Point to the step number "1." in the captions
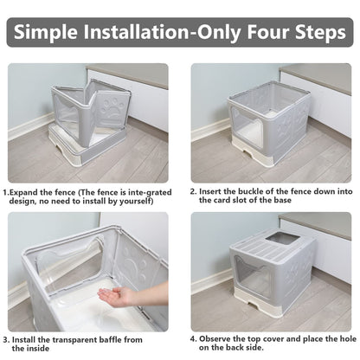coord(7,192)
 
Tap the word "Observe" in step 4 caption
coord(215,339)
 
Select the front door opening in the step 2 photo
coord(246,135)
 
